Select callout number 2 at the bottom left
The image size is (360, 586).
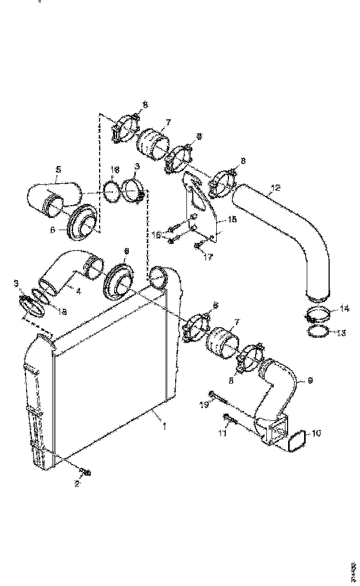click(x=77, y=483)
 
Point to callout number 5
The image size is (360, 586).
click(x=59, y=169)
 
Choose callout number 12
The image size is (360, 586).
click(x=275, y=188)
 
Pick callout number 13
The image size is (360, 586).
click(x=341, y=332)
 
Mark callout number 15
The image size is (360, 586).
click(x=232, y=219)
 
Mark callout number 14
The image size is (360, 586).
click(x=345, y=308)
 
